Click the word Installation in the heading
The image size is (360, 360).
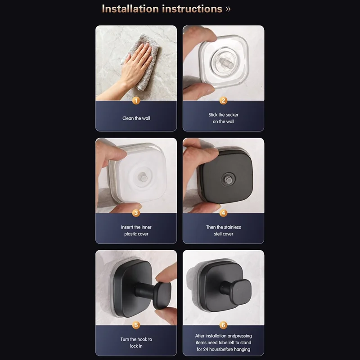130,9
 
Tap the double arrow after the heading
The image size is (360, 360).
228,9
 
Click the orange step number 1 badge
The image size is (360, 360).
136,100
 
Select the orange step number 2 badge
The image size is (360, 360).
223,100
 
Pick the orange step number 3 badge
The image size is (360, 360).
136,213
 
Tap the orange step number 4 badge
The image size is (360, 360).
223,213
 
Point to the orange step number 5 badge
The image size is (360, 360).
136,325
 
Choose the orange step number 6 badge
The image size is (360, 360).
223,325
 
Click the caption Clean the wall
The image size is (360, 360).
136,118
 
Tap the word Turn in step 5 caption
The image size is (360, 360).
125,339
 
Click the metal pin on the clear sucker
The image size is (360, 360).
225,63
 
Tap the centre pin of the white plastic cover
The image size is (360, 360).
144,177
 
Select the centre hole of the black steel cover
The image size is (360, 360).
228,179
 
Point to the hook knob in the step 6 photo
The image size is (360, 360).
241,292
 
